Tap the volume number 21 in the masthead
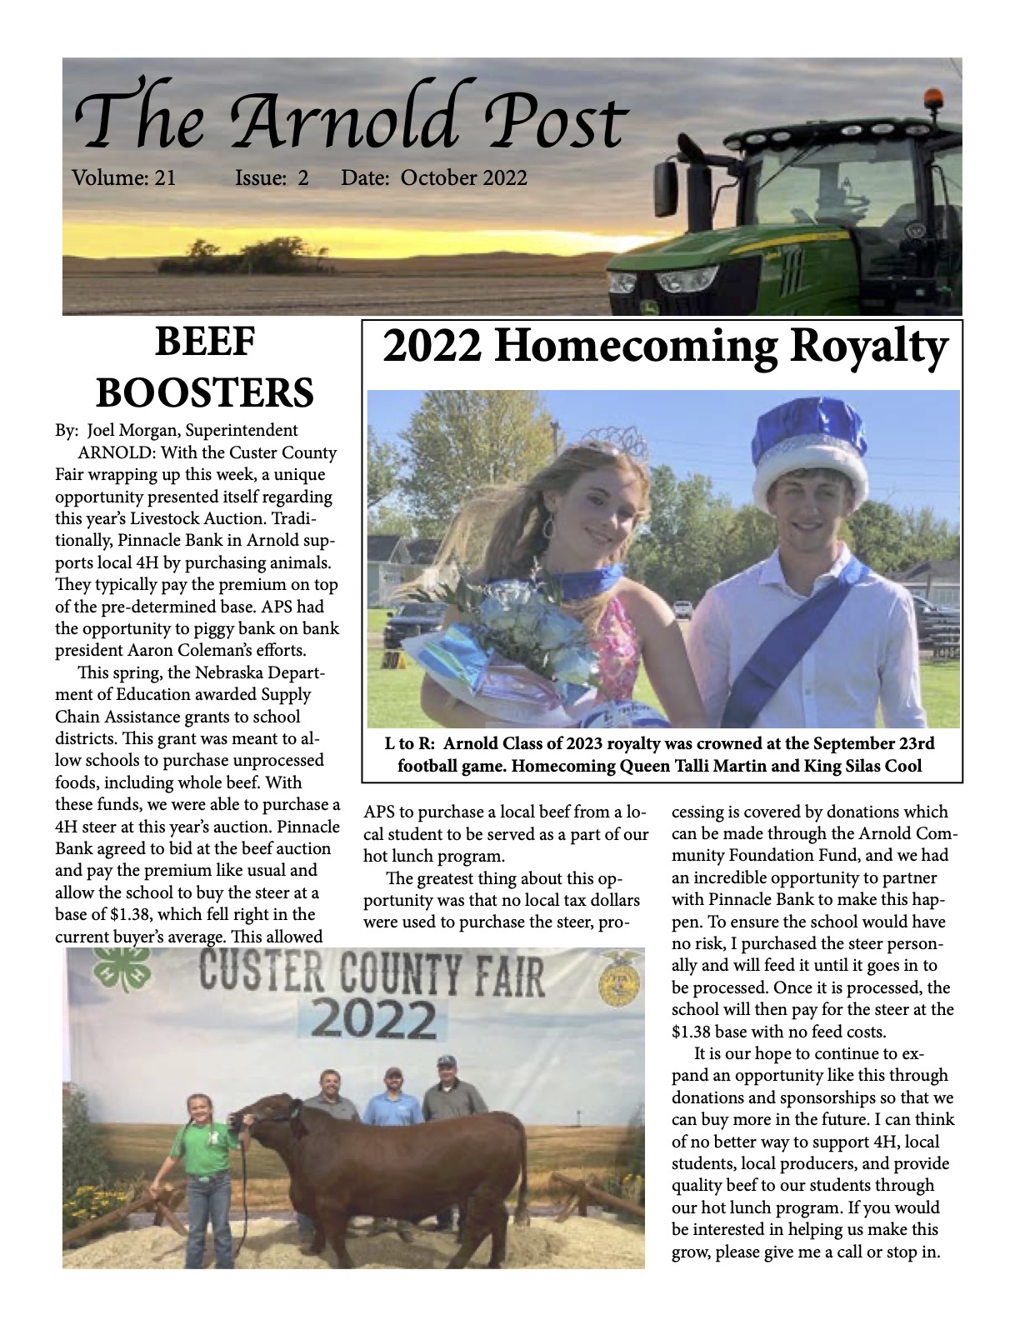164,177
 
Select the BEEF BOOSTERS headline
204,368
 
